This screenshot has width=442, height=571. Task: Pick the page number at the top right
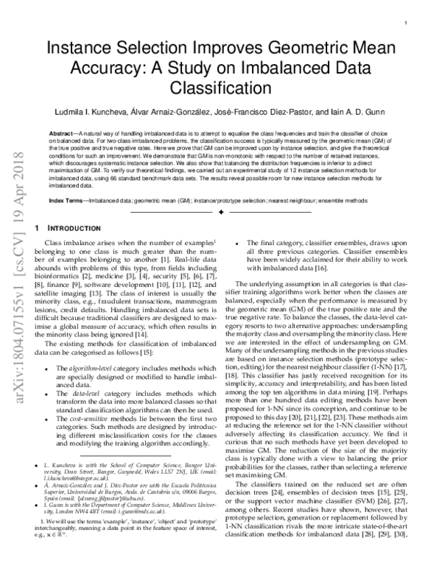(407, 24)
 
